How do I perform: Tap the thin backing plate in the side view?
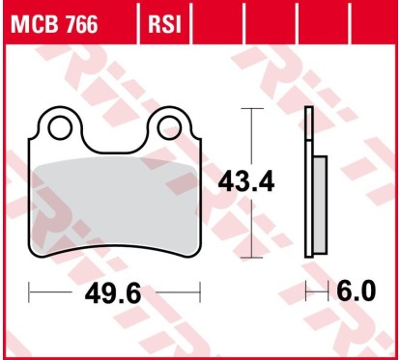click(309, 183)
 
